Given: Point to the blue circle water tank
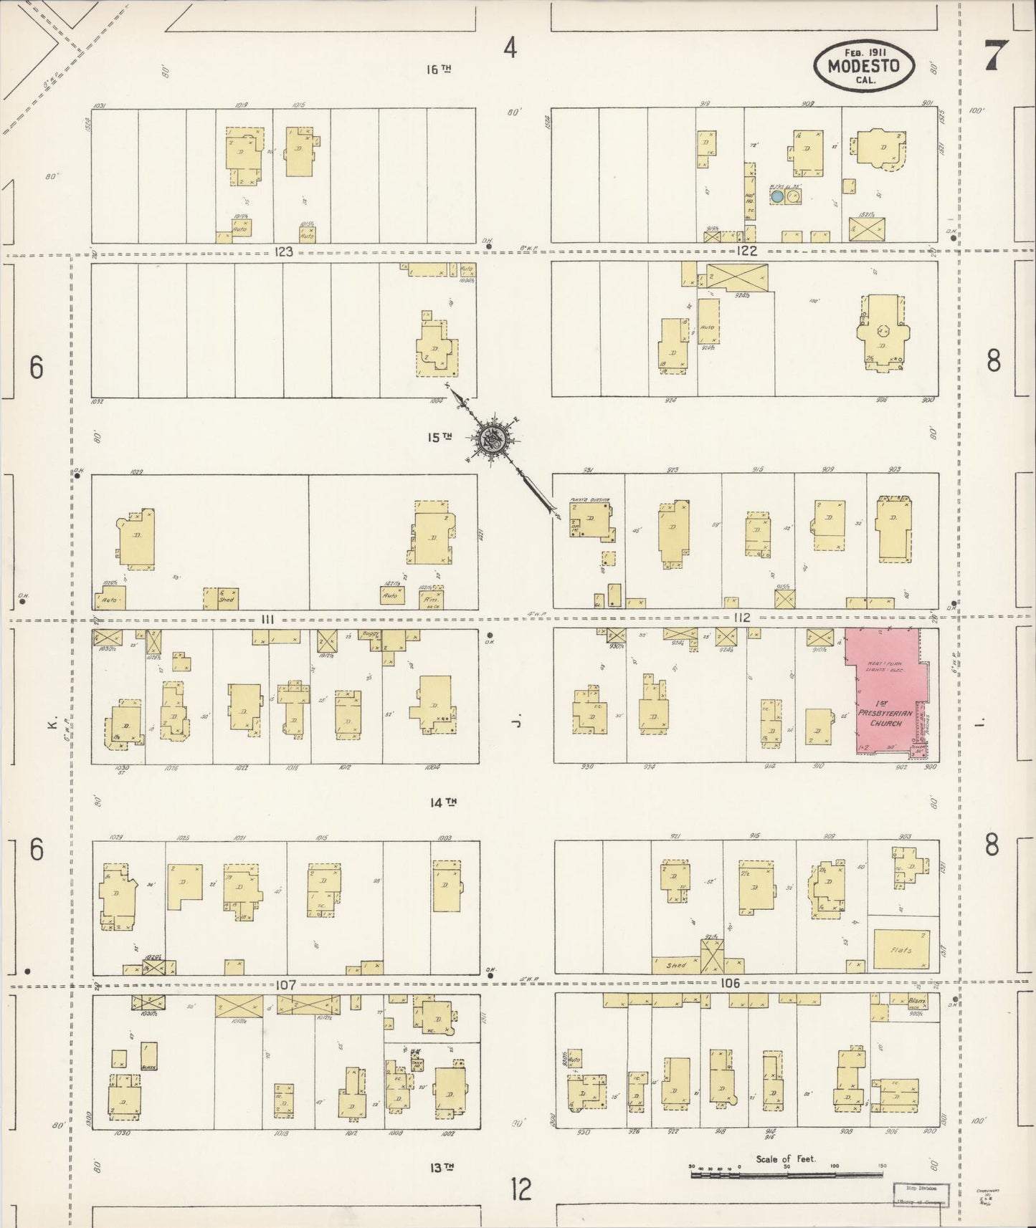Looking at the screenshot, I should pos(776,195).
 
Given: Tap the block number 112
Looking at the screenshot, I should pos(741,618).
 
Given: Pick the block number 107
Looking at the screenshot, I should pos(285,985).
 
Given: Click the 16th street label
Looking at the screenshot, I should pos(438,69).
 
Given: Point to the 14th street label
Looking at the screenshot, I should pos(444,803).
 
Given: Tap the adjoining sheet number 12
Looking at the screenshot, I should pos(521,1190).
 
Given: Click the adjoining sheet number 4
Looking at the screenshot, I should pos(510,48).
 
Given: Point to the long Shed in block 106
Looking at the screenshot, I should pos(675,964).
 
